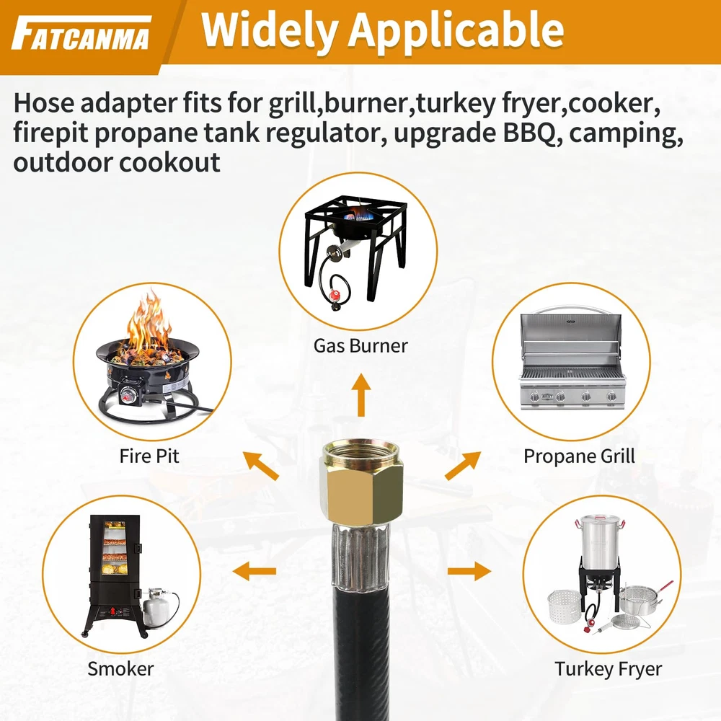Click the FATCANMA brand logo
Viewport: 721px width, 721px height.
pyautogui.click(x=81, y=34)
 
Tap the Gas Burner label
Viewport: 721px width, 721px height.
pyautogui.click(x=360, y=346)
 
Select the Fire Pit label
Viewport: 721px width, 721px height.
pyautogui.click(x=149, y=456)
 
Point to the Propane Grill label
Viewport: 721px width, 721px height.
pyautogui.click(x=579, y=456)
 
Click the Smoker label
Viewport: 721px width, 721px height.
pyautogui.click(x=120, y=668)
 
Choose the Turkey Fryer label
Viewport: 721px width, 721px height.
pyautogui.click(x=608, y=669)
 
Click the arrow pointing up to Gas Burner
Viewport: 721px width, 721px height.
pyautogui.click(x=361, y=395)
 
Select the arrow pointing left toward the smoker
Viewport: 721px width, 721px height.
pyautogui.click(x=255, y=571)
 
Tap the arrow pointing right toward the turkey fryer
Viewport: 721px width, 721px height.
pyautogui.click(x=469, y=571)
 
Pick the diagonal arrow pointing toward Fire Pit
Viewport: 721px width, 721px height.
pyautogui.click(x=261, y=465)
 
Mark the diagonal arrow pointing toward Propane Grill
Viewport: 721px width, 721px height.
pyautogui.click(x=463, y=465)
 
